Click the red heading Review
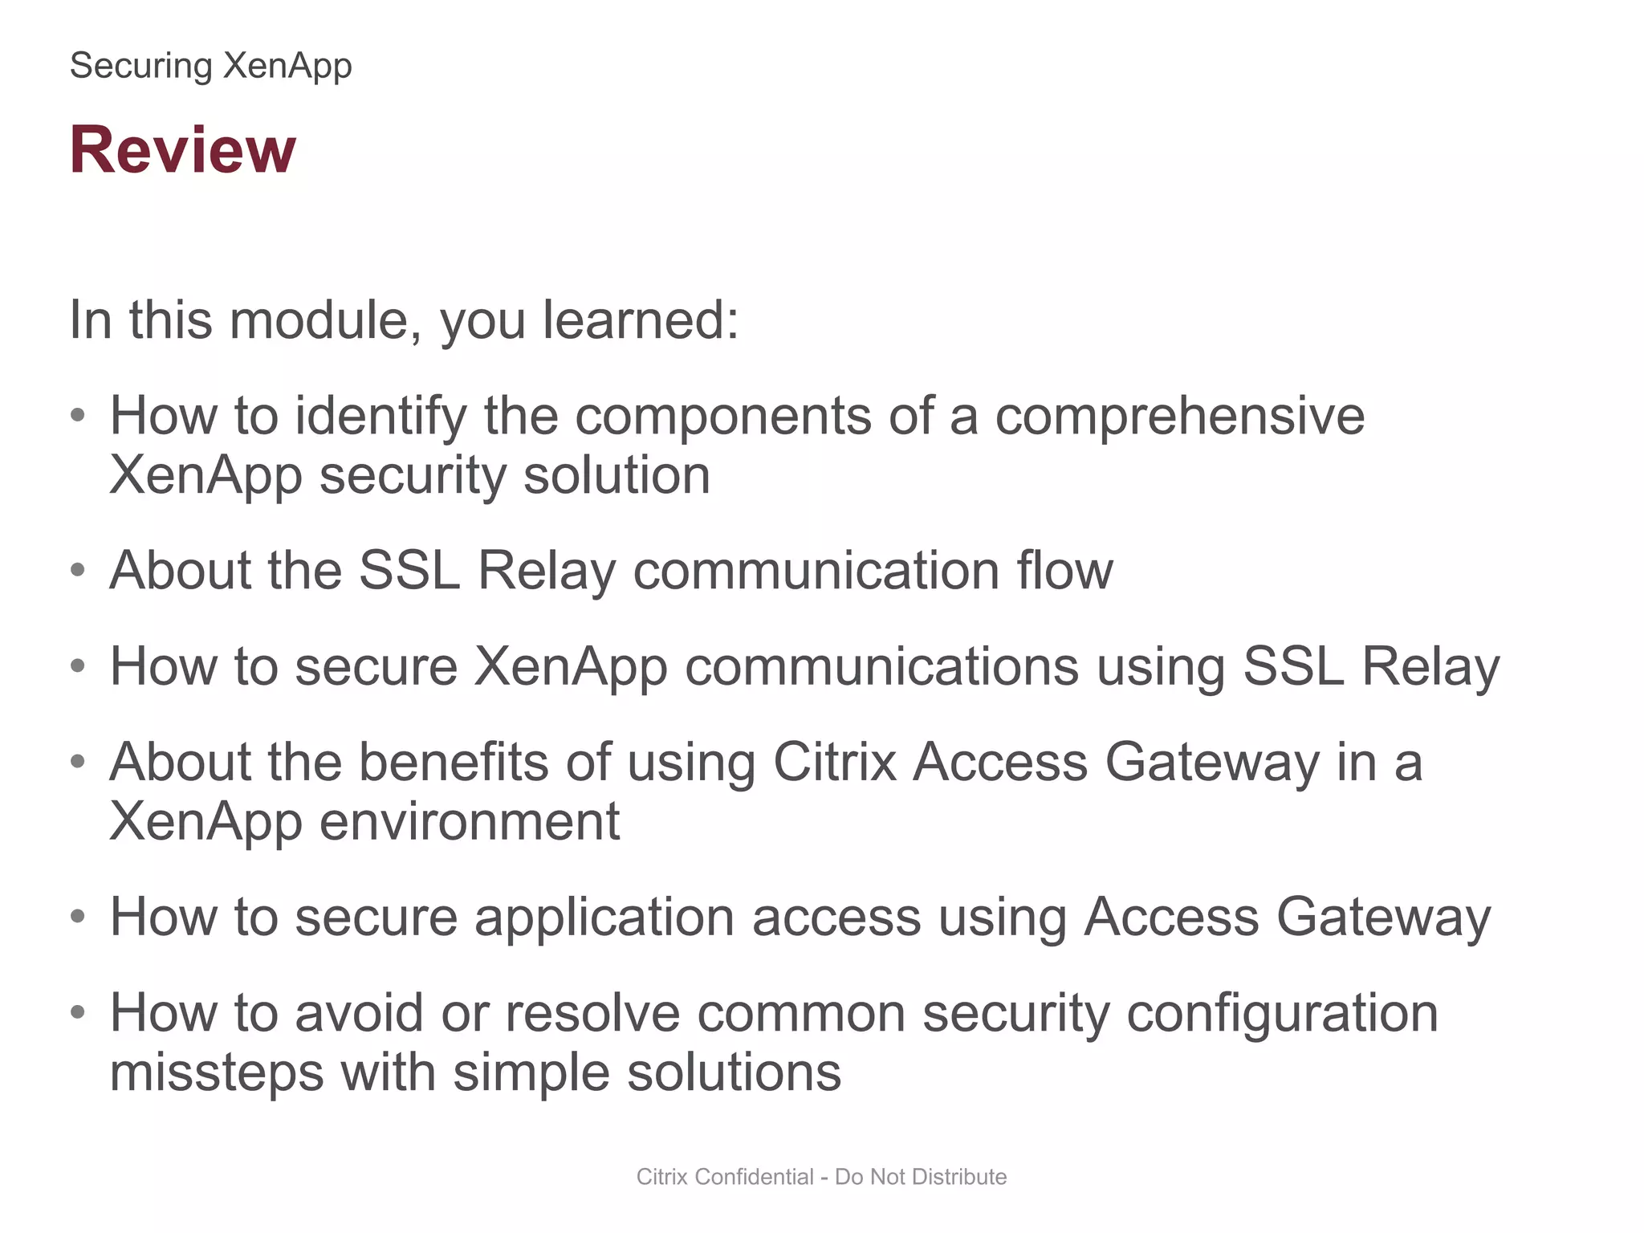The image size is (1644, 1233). (183, 150)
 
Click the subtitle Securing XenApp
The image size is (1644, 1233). (210, 66)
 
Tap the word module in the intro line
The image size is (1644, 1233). (319, 320)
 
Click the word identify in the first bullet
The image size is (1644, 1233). (380, 416)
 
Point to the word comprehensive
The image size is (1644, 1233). (1179, 416)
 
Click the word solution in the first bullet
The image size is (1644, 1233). (616, 475)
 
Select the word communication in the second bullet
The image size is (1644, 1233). (816, 571)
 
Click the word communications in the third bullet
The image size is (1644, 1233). (881, 666)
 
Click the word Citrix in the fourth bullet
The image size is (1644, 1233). (834, 762)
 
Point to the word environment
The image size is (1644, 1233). (469, 821)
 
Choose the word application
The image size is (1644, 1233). (604, 917)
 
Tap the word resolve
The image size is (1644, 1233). (592, 1013)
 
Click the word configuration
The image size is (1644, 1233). (1282, 1013)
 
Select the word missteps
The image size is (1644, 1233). (216, 1072)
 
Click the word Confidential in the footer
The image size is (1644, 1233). (754, 1177)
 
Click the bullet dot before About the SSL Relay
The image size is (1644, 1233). (78, 571)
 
